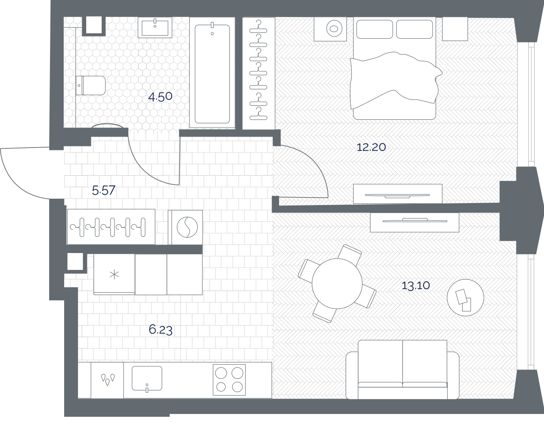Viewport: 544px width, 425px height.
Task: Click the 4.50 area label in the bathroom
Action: tap(160, 96)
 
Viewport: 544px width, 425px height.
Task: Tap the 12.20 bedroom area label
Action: tap(371, 147)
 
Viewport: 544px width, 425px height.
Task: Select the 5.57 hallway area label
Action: tap(104, 190)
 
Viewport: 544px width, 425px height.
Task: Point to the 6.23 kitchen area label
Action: tap(161, 330)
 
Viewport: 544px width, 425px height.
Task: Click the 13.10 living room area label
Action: tap(416, 285)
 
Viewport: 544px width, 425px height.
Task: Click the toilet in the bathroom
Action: tap(91, 85)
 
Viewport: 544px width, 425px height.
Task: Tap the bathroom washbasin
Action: tap(155, 28)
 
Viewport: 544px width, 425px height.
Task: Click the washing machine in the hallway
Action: tap(185, 227)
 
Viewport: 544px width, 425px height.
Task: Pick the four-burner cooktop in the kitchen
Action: tap(229, 380)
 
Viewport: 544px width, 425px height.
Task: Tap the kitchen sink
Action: tap(147, 379)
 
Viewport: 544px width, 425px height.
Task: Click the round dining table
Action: tap(337, 283)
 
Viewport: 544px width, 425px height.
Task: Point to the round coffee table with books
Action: tap(465, 297)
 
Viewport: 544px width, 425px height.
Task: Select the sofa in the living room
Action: tap(403, 370)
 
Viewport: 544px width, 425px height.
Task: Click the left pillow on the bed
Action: tap(374, 29)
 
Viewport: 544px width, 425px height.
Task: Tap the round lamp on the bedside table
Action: tap(334, 29)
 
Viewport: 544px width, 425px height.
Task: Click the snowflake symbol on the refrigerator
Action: tap(114, 274)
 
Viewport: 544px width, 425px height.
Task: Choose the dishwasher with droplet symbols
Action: tap(107, 380)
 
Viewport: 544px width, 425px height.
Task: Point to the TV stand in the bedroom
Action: tap(398, 194)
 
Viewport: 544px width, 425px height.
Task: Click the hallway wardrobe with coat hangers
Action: tap(111, 227)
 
